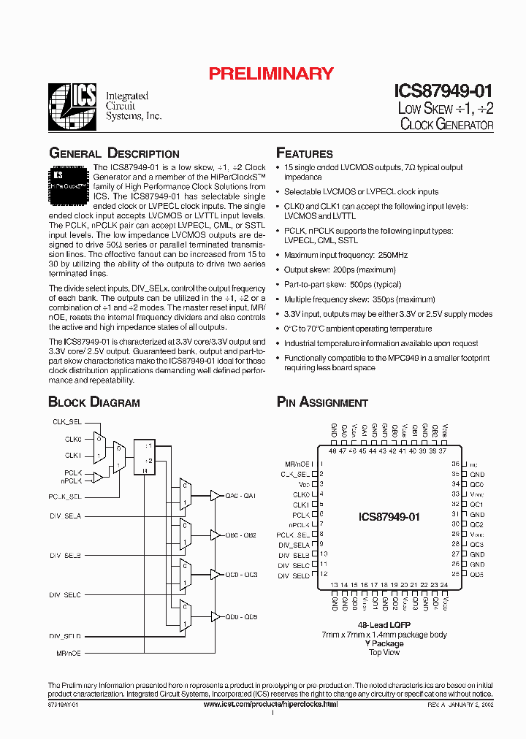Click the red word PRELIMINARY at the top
pyautogui.click(x=271, y=73)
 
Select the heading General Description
pyautogui.click(x=113, y=153)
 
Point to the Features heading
pyautogui.click(x=304, y=153)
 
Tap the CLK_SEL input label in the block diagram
pyautogui.click(x=67, y=422)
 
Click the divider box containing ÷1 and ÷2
pyautogui.click(x=145, y=457)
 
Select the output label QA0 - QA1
pyautogui.click(x=240, y=496)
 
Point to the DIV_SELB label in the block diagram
pyautogui.click(x=66, y=555)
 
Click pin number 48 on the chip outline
pyautogui.click(x=334, y=451)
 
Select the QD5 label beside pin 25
pyautogui.click(x=476, y=574)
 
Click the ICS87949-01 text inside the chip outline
pyautogui.click(x=389, y=517)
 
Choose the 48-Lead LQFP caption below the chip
pyautogui.click(x=384, y=625)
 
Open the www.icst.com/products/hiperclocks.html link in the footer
pyautogui.click(x=271, y=703)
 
